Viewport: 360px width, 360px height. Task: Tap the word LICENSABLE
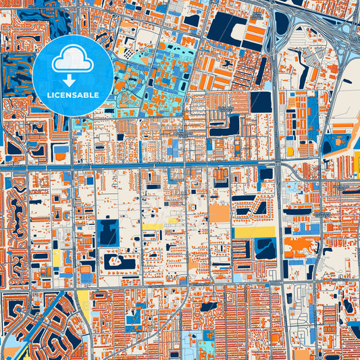click(x=72, y=95)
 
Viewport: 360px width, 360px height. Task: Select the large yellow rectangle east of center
click(x=255, y=232)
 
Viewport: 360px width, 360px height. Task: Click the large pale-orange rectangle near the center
click(x=219, y=214)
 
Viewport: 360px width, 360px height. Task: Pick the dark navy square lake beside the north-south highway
click(x=260, y=101)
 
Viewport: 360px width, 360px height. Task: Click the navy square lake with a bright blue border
click(x=107, y=232)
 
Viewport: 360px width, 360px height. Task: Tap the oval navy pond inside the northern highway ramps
click(x=282, y=24)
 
